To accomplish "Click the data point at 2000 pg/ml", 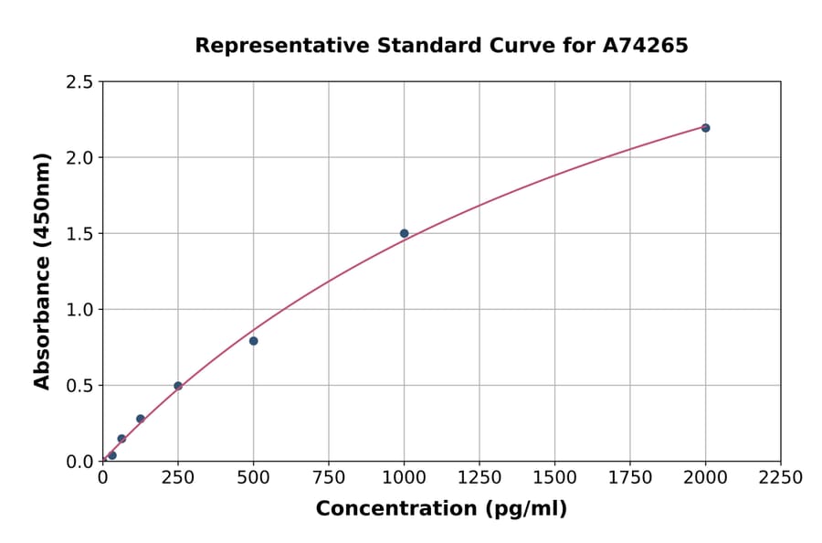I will click(705, 128).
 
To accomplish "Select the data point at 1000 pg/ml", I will click(404, 233).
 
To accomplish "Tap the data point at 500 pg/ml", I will click(253, 341).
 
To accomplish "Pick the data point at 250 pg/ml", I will click(178, 386).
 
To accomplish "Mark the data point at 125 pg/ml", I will click(141, 419).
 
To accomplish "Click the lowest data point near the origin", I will click(112, 455).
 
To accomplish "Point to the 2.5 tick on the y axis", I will click(80, 82).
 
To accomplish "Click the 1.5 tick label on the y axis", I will click(80, 234).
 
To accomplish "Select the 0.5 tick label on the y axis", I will click(80, 386).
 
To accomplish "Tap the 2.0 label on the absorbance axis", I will click(80, 158).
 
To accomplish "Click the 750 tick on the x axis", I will click(329, 478).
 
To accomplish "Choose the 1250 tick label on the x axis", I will click(479, 478).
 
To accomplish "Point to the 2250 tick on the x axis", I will click(781, 478).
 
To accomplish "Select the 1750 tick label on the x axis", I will click(630, 478).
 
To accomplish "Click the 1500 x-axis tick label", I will click(554, 478).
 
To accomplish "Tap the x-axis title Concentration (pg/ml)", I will click(441, 509).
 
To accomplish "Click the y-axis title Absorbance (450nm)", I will click(42, 271).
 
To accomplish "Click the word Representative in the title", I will click(270, 45).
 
